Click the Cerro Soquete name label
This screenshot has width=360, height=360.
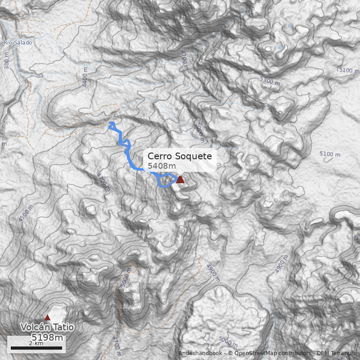pyautogui.click(x=180, y=157)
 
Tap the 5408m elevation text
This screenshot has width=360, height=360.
pyautogui.click(x=162, y=166)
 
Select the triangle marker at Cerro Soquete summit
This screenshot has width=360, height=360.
pyautogui.click(x=180, y=180)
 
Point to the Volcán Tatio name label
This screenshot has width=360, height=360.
pyautogui.click(x=47, y=328)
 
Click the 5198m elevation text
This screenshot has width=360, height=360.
pyautogui.click(x=47, y=337)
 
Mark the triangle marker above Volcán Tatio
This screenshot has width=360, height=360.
pyautogui.click(x=47, y=317)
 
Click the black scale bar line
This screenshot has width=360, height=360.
pyautogui.click(x=36, y=348)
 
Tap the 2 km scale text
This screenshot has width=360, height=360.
pyautogui.click(x=36, y=343)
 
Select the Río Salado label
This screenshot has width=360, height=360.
pyautogui.click(x=18, y=43)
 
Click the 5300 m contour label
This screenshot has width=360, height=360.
pyautogui.click(x=270, y=81)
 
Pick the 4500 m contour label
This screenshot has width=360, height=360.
pyautogui.click(x=26, y=213)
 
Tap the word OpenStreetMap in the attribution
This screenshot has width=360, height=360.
pyautogui.click(x=252, y=353)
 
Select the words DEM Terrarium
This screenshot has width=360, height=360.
pyautogui.click(x=337, y=353)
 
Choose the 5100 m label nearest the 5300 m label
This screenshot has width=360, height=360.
pyautogui.click(x=349, y=70)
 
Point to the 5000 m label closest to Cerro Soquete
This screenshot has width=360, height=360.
pyautogui.click(x=199, y=130)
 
